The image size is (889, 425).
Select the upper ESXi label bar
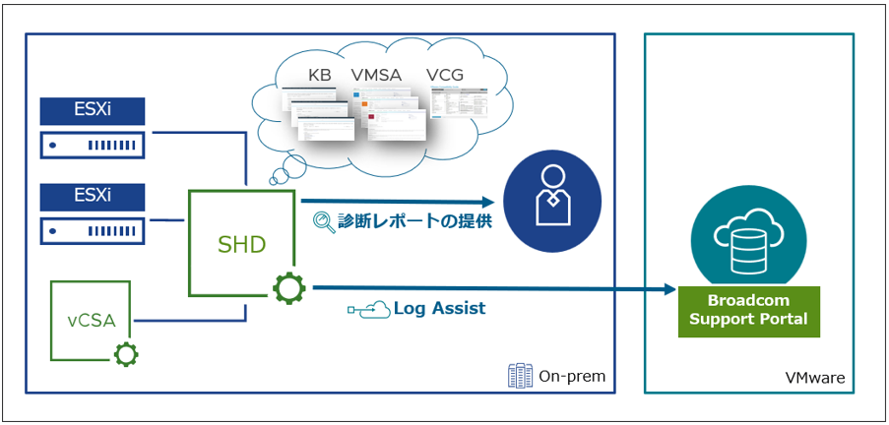tap(93, 110)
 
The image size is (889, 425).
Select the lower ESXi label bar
tap(93, 196)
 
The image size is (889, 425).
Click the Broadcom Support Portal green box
tap(748, 311)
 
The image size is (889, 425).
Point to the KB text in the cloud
tap(319, 75)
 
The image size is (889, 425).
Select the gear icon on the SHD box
tap(288, 288)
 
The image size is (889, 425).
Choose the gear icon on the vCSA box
tap(127, 353)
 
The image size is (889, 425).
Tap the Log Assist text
tap(439, 308)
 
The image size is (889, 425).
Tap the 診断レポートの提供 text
tap(415, 221)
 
